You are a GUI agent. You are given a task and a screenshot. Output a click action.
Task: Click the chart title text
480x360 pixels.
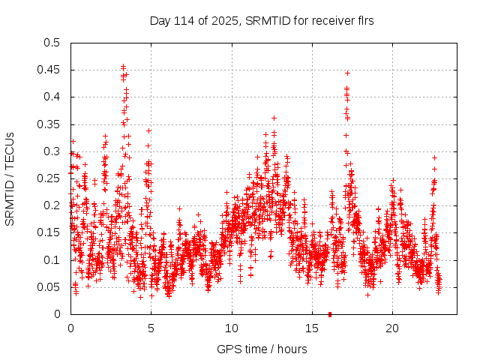[x=262, y=21]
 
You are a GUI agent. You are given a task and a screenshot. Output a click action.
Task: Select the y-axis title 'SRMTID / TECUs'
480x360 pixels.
[x=10, y=178]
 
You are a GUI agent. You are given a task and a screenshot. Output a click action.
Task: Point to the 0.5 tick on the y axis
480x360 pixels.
[x=52, y=43]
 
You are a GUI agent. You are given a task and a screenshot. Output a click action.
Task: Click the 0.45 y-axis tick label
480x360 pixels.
[x=49, y=70]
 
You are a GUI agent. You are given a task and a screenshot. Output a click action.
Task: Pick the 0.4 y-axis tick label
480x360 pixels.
[x=52, y=97]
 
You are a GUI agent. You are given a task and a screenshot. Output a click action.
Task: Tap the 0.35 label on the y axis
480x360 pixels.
[x=49, y=124]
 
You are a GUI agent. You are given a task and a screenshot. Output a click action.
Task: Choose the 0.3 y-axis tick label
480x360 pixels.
[x=52, y=151]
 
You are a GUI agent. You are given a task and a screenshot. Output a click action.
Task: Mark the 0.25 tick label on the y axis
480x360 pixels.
[x=49, y=178]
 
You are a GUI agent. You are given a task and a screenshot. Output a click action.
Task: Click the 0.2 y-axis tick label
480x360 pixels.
[x=52, y=205]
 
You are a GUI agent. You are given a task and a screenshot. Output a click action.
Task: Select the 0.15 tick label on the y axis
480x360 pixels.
[x=49, y=232]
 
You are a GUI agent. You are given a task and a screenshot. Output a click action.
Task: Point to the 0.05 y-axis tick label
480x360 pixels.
[x=49, y=287]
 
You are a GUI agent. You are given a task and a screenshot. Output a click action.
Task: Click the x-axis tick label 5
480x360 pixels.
[x=151, y=328]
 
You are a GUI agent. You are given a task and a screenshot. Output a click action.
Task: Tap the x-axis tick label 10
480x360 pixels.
[x=232, y=328]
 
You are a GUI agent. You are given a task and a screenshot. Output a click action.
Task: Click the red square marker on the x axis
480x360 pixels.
[x=330, y=313]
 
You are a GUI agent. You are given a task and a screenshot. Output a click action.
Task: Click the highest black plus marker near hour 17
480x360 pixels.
[x=347, y=73]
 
